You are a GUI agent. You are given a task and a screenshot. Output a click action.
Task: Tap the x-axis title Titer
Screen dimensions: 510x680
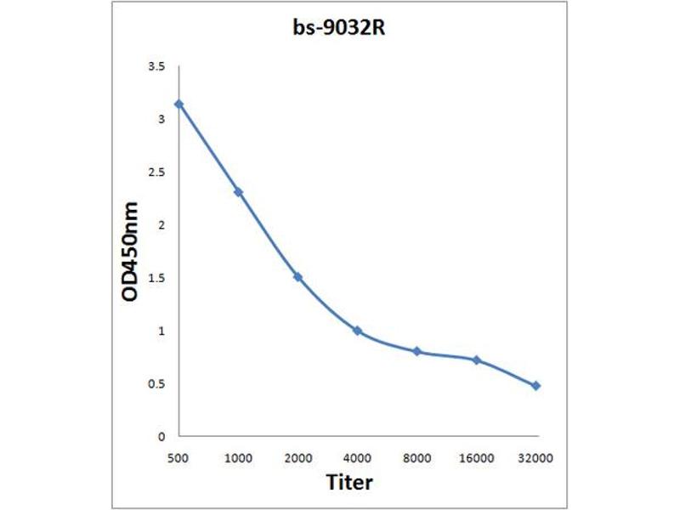[350, 482]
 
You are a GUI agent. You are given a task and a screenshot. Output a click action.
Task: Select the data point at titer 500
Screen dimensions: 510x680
[178, 104]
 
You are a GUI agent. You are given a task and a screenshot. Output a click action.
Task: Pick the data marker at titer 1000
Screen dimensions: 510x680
[239, 192]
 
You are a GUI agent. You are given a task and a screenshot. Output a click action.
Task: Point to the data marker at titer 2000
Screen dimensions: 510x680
[297, 277]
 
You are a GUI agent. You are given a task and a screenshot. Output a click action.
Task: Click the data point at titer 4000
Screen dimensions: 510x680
[357, 331]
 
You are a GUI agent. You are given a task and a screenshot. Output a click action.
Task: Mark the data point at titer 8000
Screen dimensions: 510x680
[416, 351]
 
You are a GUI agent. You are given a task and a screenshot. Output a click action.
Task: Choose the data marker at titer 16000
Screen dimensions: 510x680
[477, 360]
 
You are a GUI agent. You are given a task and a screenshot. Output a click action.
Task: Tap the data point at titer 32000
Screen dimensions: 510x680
[536, 386]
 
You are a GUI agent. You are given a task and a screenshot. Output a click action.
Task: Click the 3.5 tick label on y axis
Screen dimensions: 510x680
[157, 65]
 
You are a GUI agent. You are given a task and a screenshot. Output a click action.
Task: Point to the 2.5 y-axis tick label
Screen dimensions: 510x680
[157, 172]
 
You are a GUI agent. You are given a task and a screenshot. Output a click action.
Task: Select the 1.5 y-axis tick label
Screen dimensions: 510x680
[157, 278]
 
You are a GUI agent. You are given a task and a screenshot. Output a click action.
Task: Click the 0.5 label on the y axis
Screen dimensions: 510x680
[157, 384]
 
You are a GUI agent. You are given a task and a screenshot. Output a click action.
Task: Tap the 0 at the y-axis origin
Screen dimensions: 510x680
[161, 437]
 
